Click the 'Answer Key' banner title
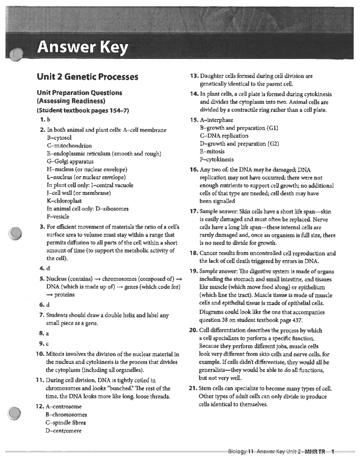point(82,47)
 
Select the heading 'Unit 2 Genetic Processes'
point(87,77)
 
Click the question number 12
point(40,407)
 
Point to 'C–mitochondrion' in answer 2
point(69,146)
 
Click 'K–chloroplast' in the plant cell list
point(64,201)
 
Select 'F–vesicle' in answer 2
point(58,216)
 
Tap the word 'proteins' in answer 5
point(64,295)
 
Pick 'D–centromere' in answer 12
point(63,431)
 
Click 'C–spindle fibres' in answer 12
point(65,422)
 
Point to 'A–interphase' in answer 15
point(216,120)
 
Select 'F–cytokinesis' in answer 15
point(217,159)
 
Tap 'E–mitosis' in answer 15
point(212,152)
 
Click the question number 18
point(194,253)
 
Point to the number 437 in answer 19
point(297,320)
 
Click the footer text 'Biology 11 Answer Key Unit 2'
point(264,452)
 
